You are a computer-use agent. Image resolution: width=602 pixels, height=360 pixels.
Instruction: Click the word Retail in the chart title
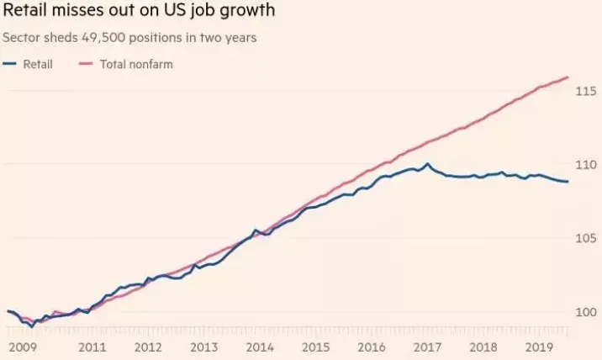click(24, 9)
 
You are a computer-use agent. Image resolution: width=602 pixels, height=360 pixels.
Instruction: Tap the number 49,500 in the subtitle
click(103, 38)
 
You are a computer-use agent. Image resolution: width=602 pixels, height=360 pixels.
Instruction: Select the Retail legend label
click(38, 64)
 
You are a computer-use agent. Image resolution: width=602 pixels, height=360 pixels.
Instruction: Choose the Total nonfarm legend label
click(136, 64)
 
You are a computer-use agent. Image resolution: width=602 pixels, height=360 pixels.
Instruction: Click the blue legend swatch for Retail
click(9, 64)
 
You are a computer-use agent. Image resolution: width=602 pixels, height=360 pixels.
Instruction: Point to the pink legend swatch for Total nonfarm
click(86, 64)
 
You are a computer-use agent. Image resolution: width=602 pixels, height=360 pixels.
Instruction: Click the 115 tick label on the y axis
click(586, 91)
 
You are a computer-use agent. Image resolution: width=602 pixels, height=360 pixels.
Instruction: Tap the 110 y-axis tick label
click(586, 165)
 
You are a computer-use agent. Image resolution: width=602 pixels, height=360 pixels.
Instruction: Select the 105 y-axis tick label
click(586, 238)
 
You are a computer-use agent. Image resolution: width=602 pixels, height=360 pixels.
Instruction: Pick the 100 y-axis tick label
click(586, 312)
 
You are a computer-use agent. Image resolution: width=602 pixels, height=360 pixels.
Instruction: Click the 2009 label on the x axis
click(23, 347)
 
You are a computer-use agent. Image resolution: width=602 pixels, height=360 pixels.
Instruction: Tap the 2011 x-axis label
click(92, 347)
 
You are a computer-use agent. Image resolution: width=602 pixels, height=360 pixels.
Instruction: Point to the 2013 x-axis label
click(203, 347)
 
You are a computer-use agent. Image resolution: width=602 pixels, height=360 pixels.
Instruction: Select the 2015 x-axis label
click(315, 347)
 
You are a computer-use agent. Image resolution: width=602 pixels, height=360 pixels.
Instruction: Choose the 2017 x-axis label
click(427, 347)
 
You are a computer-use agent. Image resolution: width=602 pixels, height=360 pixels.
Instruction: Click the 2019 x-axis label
click(539, 347)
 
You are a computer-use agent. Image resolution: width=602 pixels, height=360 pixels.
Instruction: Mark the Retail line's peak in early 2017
click(427, 164)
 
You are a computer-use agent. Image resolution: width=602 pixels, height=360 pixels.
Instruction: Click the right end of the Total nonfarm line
click(568, 77)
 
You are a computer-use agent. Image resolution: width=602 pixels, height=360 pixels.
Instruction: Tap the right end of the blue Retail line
click(568, 182)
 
